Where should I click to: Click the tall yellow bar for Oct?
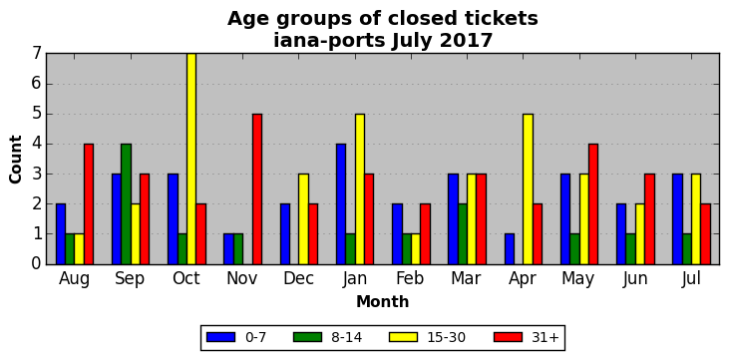coord(191,159)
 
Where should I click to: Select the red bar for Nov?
coord(257,188)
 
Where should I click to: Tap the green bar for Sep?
coord(126,204)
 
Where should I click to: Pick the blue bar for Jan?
coord(341,204)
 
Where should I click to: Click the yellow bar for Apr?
coord(528,188)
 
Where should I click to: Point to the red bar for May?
coord(593,204)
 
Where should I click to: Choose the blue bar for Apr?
coord(509,249)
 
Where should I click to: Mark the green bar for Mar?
coord(463,234)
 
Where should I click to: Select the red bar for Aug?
coord(89,204)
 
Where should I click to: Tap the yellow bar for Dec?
coord(303,219)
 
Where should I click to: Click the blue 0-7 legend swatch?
coord(220,337)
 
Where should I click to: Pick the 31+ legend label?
coord(545,337)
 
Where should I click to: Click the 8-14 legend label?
coord(346,337)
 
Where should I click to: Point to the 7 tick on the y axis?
coord(36,54)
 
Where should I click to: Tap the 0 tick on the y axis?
coord(36,264)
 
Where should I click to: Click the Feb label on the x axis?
coord(410,278)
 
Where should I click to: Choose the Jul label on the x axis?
coord(691,278)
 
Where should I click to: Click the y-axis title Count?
coord(15,160)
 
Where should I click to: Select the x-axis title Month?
coord(383,301)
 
